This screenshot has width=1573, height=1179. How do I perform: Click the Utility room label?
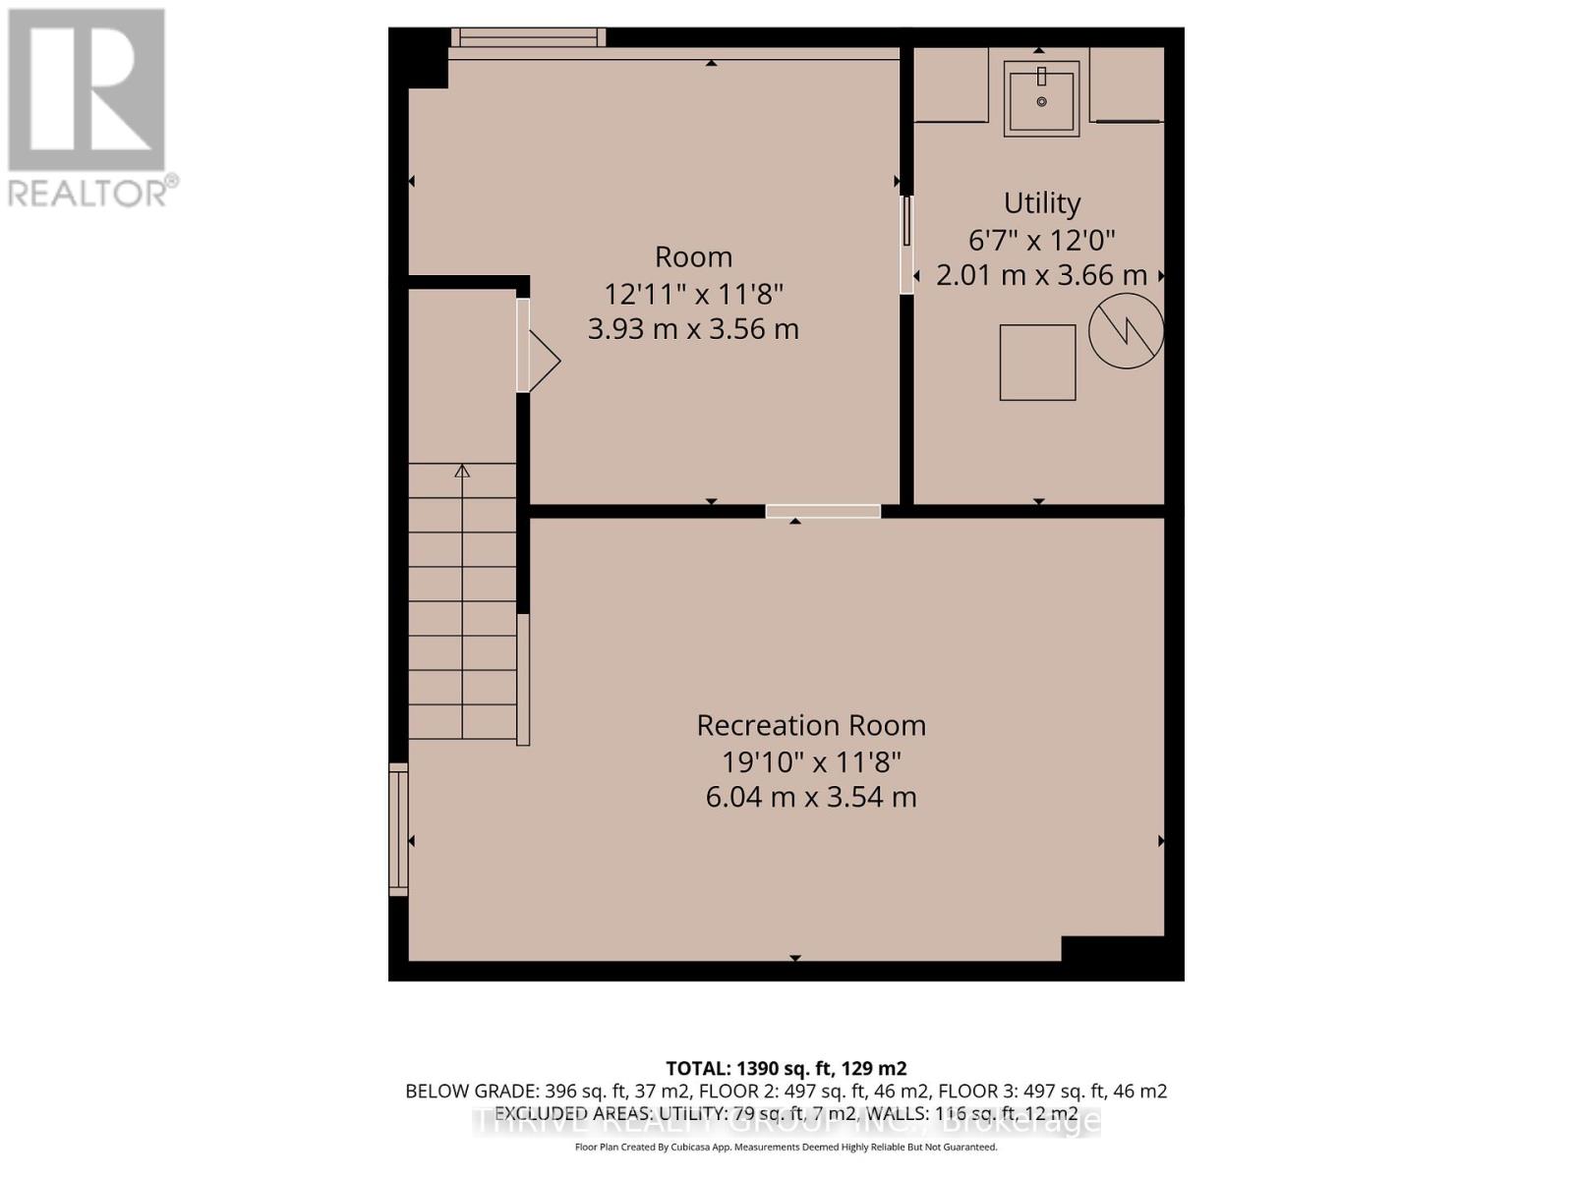1041,203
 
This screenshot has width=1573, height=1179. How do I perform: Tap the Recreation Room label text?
811,725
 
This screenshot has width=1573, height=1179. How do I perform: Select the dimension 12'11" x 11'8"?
693,293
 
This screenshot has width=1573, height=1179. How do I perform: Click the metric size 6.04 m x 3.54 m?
811,797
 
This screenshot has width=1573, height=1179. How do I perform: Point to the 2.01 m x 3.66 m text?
1041,276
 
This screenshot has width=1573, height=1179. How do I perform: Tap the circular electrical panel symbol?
1126,332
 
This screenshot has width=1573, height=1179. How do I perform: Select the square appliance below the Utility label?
1037,363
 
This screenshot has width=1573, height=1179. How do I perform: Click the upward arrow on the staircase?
462,472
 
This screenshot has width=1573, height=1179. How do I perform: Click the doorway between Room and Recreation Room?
823,511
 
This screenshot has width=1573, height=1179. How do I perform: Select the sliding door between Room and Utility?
906,244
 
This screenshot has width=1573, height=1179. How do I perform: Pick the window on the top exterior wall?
529,37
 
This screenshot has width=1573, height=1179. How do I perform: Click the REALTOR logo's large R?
87,90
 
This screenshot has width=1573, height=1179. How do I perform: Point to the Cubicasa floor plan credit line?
786,1147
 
